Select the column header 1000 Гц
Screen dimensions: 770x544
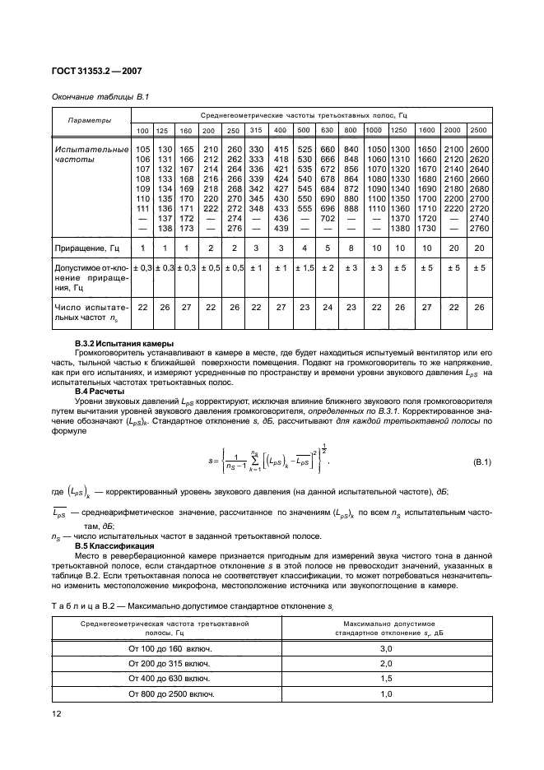[374, 132]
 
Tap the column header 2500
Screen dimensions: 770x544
[479, 132]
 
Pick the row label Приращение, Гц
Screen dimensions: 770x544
[88, 247]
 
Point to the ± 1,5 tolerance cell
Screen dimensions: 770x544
[304, 267]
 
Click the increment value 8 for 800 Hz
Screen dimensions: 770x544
[351, 247]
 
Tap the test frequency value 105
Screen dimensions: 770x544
[142, 148]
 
